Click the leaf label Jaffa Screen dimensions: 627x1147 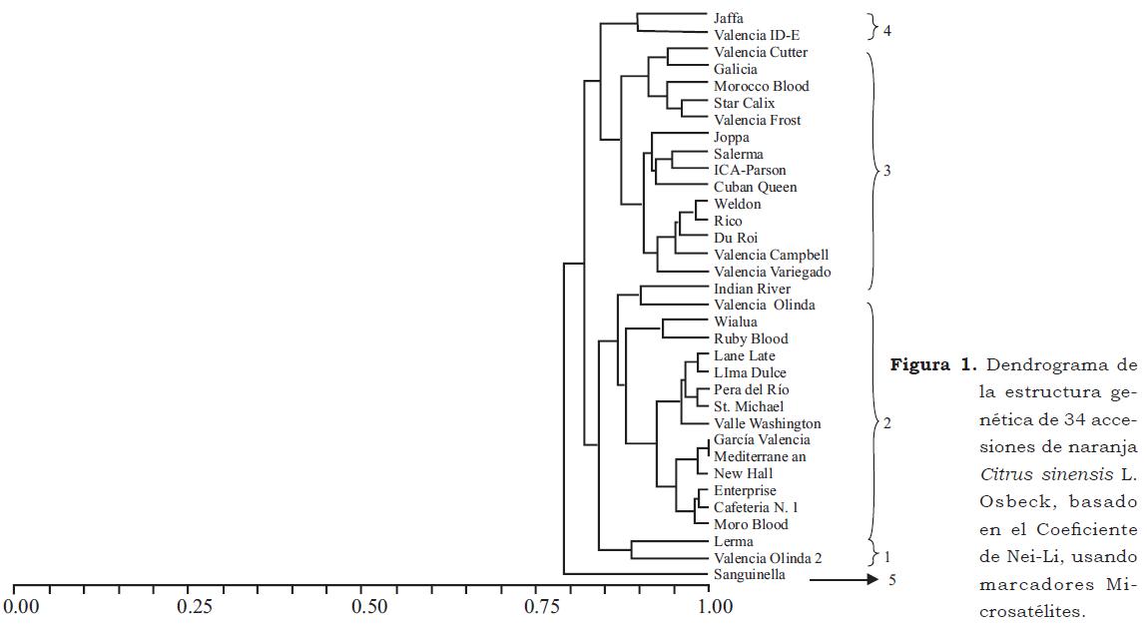click(x=728, y=18)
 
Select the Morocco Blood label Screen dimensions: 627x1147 click(x=761, y=86)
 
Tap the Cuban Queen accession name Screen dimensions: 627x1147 click(x=755, y=187)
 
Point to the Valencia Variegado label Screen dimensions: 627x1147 click(x=772, y=272)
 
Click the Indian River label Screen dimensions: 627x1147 click(x=752, y=289)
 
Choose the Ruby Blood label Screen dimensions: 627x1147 click(x=751, y=338)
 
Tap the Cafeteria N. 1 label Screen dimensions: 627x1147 click(x=756, y=507)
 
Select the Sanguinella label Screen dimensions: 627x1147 click(x=749, y=575)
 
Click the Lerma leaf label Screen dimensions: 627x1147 click(x=733, y=541)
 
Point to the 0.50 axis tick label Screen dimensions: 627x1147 click(x=368, y=606)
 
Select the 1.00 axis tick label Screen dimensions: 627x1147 click(x=709, y=606)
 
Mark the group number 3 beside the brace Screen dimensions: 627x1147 click(x=886, y=171)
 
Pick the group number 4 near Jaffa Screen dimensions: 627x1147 click(x=886, y=30)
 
